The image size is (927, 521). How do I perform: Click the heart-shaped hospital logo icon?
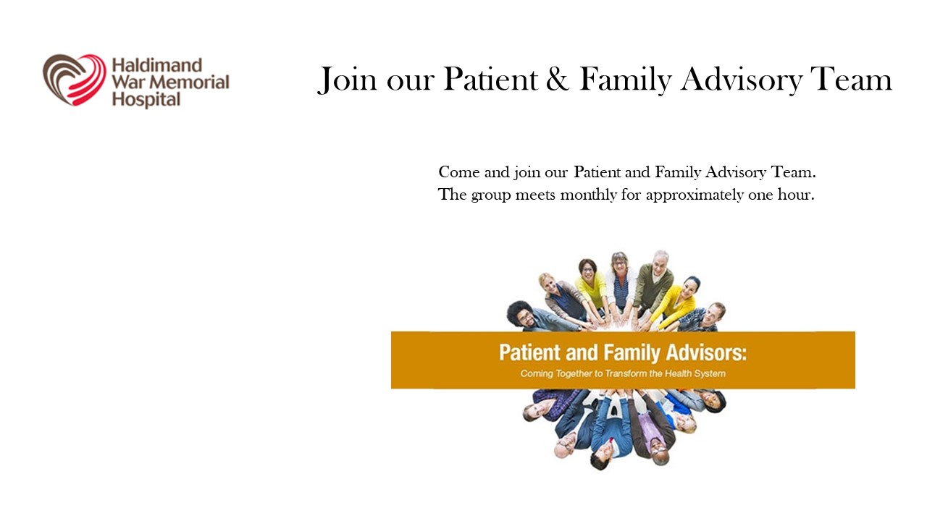click(75, 80)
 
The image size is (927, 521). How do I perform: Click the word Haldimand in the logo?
click(157, 65)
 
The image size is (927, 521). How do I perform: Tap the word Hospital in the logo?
click(146, 100)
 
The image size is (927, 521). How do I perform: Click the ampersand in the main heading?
click(557, 79)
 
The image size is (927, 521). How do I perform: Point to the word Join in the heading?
click(347, 80)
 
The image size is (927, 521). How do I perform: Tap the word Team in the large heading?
click(851, 79)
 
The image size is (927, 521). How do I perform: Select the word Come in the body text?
click(459, 172)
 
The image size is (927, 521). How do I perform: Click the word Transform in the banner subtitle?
click(626, 374)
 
